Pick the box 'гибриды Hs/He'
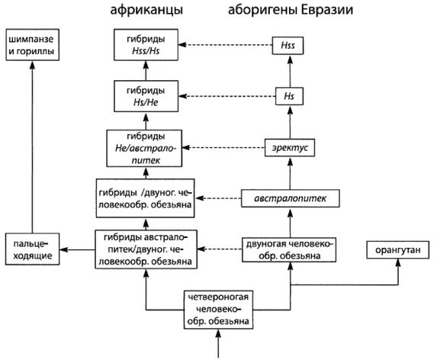(144, 97)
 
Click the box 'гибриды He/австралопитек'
(144, 148)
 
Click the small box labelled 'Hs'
(288, 97)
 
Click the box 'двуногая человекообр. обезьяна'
(290, 249)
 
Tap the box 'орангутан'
(397, 249)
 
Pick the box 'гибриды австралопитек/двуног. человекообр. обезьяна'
(144, 249)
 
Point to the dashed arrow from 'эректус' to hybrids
(221, 146)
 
